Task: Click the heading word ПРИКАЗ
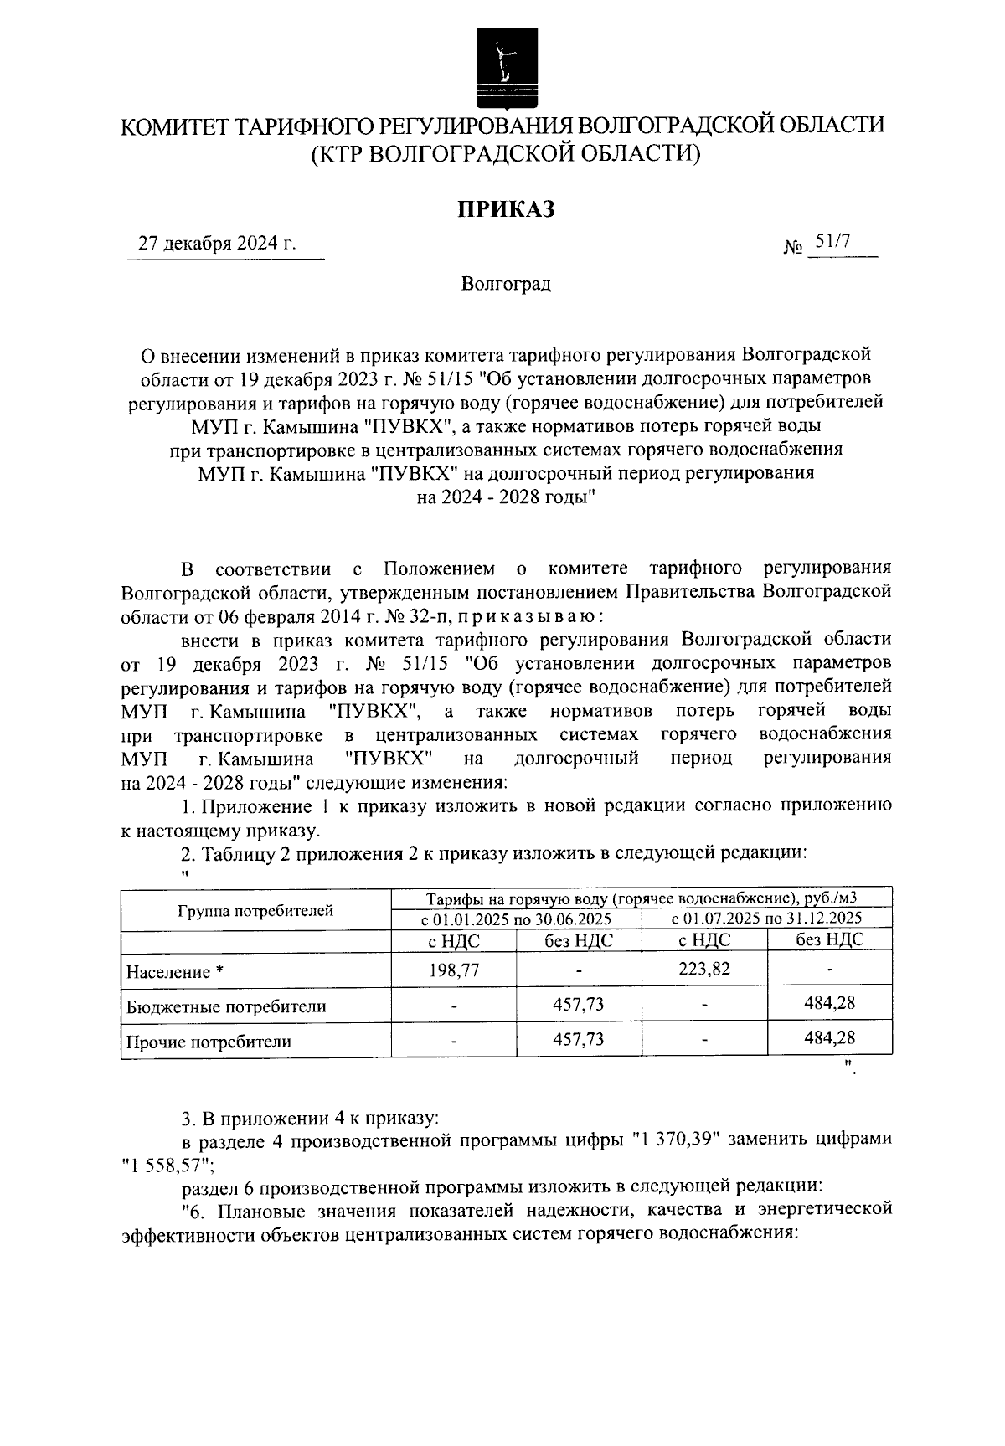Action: point(505,209)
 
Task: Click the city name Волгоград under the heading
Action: point(505,284)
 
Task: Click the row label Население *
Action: point(176,972)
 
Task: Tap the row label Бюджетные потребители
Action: point(225,1006)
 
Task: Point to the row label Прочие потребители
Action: point(208,1042)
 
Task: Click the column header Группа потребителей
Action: point(255,911)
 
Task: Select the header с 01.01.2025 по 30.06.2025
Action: point(515,919)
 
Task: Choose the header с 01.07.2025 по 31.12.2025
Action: point(765,919)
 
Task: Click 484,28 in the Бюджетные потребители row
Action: point(829,1002)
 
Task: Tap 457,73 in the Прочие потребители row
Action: point(578,1038)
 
